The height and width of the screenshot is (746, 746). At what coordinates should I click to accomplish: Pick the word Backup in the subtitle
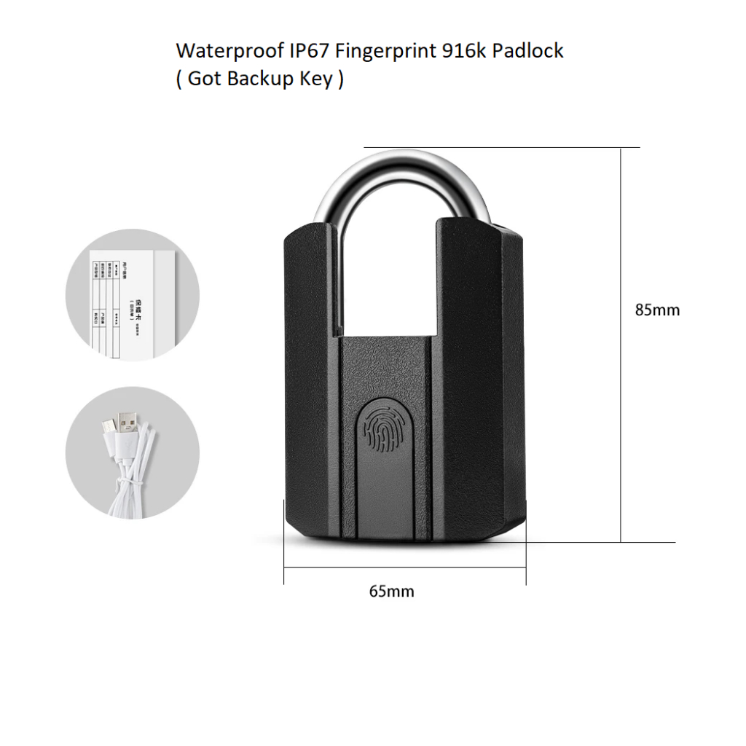click(x=259, y=79)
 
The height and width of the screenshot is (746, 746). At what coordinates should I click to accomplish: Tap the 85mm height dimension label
click(x=657, y=310)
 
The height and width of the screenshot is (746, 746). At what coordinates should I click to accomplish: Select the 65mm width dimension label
click(x=391, y=591)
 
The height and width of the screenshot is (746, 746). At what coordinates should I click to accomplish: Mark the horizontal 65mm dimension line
click(x=404, y=566)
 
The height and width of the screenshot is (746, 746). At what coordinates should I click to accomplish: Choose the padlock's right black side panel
click(x=477, y=379)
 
